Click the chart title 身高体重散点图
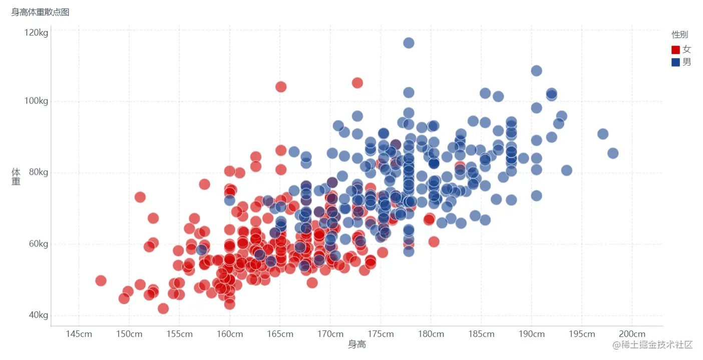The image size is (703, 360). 41,12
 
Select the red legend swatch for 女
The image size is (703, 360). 675,50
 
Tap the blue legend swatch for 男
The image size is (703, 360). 675,62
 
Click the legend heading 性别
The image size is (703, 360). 679,35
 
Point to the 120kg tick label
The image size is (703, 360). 36,33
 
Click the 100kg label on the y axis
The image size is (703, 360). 36,102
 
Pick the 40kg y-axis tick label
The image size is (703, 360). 38,315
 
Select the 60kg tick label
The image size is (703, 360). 38,244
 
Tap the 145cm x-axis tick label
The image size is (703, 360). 79,334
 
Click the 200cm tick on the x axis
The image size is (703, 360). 632,334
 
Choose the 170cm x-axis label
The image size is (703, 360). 330,334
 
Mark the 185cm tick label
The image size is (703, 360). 481,334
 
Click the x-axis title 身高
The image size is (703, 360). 357,344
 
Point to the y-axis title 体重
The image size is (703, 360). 16,176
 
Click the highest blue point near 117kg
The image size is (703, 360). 409,43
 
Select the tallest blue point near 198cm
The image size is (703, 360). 613,153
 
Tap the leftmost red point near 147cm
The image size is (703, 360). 101,280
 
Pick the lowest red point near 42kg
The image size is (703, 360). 163,308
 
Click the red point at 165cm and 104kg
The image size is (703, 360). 281,87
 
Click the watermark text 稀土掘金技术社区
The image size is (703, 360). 656,344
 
